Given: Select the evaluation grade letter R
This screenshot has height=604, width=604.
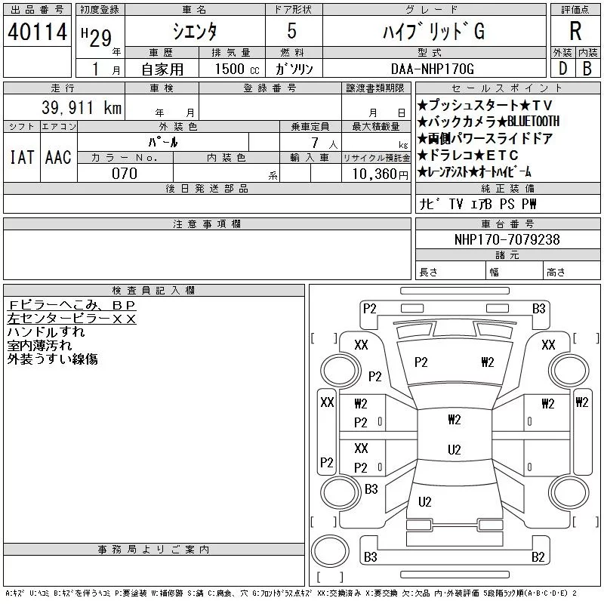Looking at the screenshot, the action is (x=575, y=31).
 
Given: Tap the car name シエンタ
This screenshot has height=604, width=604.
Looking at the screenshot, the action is (x=195, y=32).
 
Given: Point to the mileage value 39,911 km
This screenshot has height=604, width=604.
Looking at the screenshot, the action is (x=73, y=108).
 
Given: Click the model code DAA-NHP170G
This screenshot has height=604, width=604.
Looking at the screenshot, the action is (x=433, y=69).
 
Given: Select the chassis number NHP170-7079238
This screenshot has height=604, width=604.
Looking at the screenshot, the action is (x=507, y=239).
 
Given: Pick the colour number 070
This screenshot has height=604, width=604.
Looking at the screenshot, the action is (x=125, y=174).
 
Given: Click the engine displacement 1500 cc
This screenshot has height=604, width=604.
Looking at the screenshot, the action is (x=231, y=69).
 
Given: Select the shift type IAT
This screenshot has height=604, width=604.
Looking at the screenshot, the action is (x=21, y=157).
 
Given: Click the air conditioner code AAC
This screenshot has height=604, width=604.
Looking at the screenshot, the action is (x=58, y=157).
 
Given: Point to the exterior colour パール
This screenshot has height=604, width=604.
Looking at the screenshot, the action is (x=179, y=141).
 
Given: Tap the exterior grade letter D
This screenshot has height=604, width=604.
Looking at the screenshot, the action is (x=562, y=69).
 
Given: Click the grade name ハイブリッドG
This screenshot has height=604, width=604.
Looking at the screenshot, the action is (x=433, y=32).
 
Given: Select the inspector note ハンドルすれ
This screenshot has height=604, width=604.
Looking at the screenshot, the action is (x=46, y=331).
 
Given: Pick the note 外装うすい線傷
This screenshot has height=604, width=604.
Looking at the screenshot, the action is (x=52, y=359).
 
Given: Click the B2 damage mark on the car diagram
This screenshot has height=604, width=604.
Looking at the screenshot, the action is (x=538, y=557).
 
